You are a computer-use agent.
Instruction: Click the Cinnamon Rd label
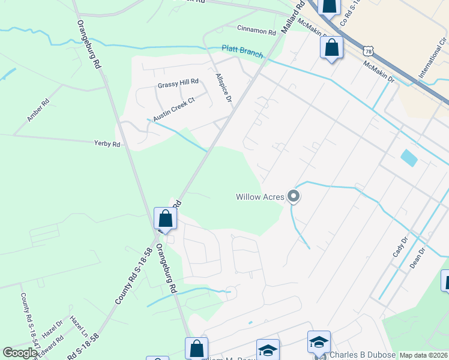(x=256, y=29)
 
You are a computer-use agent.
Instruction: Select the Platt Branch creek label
(x=242, y=52)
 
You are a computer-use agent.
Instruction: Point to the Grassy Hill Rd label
(x=178, y=82)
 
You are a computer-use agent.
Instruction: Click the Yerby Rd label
(x=107, y=144)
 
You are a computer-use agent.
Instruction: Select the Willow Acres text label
(x=259, y=196)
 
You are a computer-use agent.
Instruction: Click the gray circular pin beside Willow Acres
(x=294, y=196)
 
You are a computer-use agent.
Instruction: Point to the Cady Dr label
(x=400, y=247)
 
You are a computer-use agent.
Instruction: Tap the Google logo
(x=20, y=352)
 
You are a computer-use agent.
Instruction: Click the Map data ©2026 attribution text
(x=423, y=355)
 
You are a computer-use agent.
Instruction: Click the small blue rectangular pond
(x=409, y=158)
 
